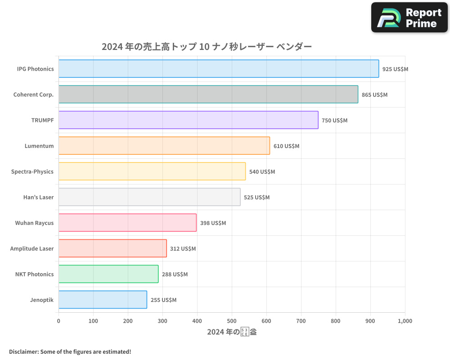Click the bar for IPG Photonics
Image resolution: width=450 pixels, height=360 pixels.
219,69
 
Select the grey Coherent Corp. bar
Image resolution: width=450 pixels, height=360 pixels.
208,94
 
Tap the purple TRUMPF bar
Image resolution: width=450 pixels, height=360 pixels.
189,120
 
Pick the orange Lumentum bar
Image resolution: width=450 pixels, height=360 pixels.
164,146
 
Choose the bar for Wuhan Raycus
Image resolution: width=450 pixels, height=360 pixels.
127,223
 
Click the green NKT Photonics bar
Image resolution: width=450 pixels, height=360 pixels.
108,274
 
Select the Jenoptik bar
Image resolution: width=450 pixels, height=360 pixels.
103,300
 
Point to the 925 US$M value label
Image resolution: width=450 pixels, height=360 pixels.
395,69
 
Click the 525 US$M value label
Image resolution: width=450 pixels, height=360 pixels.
256,198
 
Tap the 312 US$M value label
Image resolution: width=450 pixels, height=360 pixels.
183,249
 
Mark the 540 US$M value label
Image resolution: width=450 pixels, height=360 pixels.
262,172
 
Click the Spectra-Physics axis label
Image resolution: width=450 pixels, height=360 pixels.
32,171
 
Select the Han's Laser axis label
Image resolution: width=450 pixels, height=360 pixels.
38,197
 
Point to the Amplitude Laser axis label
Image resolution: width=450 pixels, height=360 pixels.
32,248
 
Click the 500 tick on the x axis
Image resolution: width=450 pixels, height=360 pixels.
232,321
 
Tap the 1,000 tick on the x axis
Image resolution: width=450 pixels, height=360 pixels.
405,321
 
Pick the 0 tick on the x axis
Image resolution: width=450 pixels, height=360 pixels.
58,321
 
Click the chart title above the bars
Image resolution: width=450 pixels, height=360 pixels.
207,46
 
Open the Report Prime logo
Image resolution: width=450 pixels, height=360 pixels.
409,18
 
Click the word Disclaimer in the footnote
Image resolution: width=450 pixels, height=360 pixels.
23,351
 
